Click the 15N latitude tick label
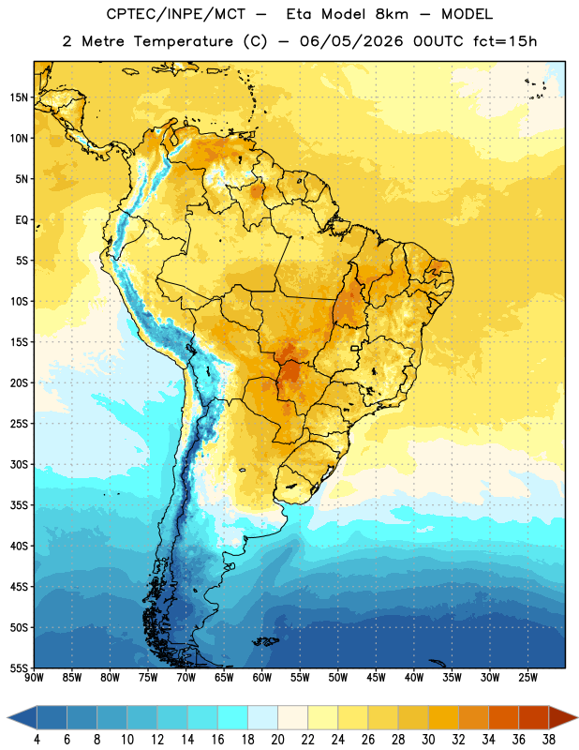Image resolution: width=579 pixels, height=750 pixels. point(19,97)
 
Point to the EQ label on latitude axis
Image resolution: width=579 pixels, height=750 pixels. point(22,220)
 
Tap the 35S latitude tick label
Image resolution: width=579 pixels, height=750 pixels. point(19,505)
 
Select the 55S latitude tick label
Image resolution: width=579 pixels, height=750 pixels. point(19,668)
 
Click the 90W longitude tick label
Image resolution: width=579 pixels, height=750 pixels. point(34,678)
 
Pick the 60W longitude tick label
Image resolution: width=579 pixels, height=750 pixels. point(262,678)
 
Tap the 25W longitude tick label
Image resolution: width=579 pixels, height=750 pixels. point(527,678)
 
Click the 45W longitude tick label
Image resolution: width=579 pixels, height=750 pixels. point(376,678)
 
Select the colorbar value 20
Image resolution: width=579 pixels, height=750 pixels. point(277,740)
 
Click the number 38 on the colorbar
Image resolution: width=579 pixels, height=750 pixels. point(549,740)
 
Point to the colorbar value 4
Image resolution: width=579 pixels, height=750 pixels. point(37,740)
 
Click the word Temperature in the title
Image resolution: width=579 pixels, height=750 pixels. point(184,41)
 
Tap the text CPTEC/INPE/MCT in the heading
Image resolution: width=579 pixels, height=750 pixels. point(176,14)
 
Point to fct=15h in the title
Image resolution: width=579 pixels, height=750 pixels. point(505,41)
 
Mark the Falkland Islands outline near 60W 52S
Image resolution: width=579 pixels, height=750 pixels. point(266,641)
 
